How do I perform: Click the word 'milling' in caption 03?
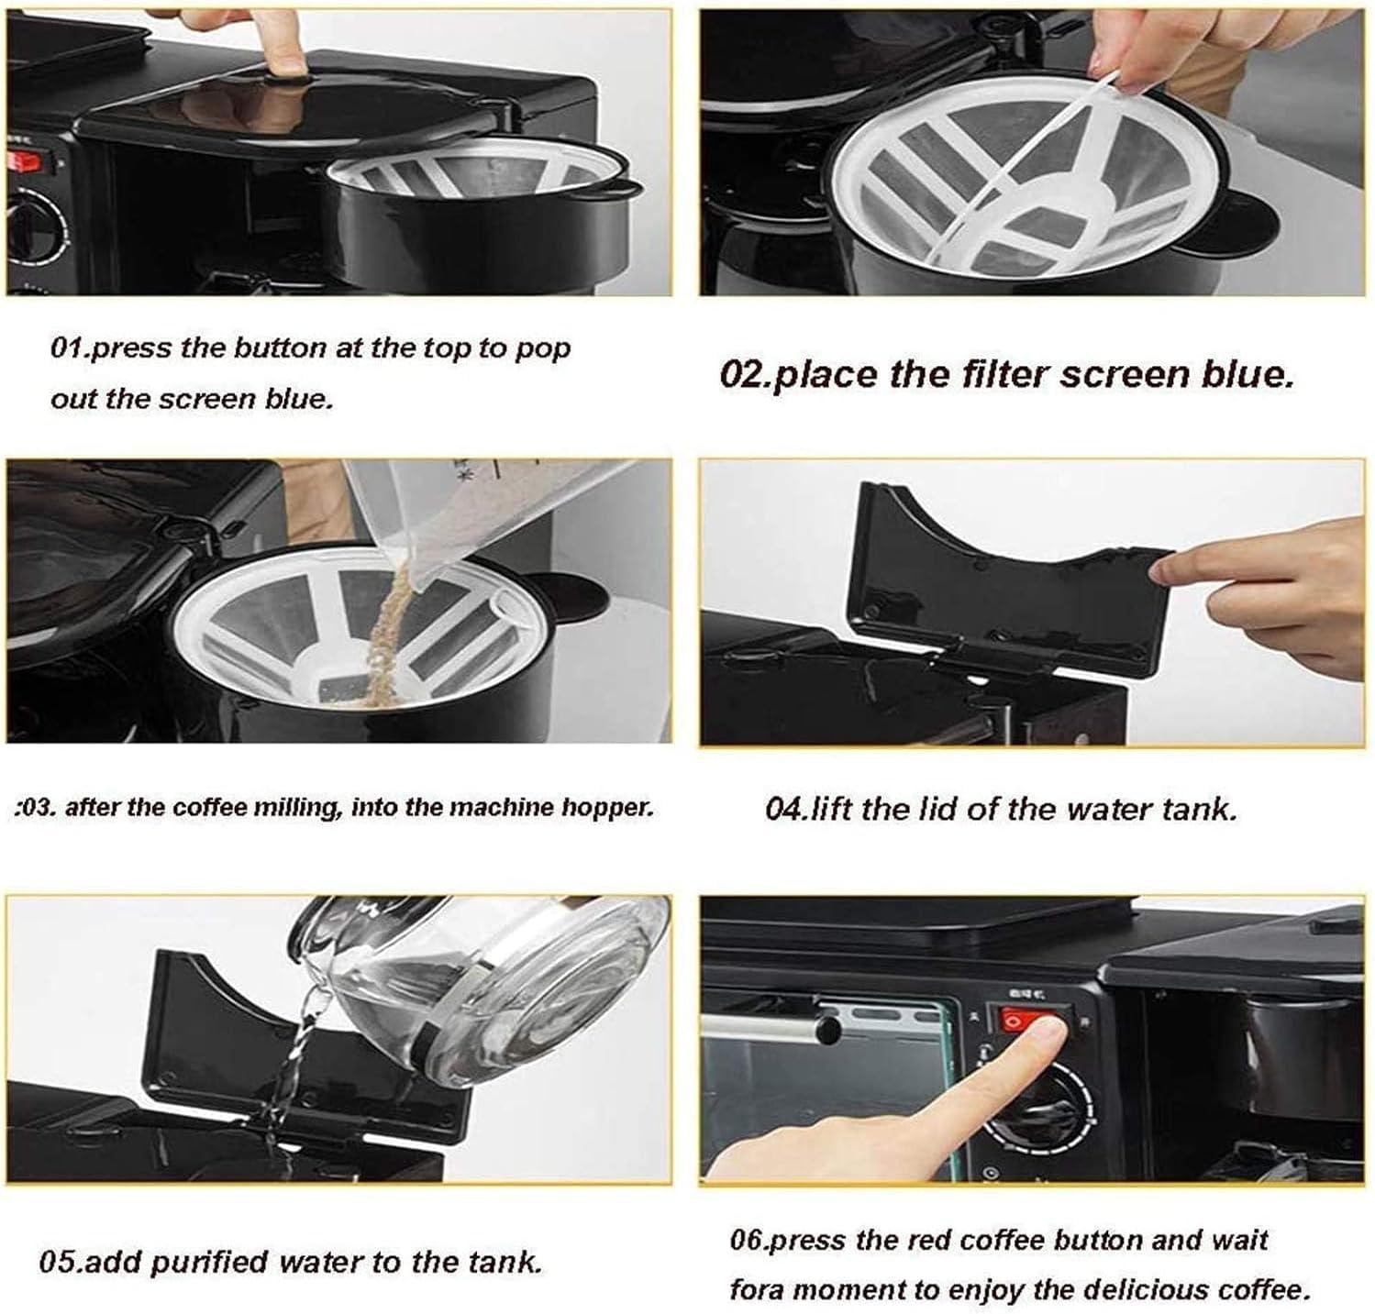point(295,808)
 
